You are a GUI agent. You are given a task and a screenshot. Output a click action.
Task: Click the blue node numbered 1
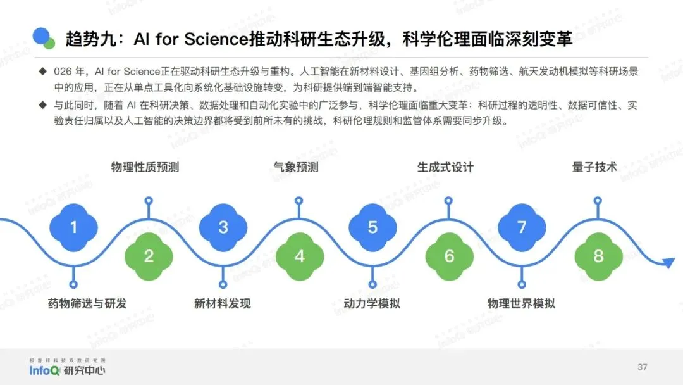point(73,227)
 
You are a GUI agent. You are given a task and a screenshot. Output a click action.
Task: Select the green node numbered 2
point(149,256)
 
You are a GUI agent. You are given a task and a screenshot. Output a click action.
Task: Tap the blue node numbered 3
point(223,227)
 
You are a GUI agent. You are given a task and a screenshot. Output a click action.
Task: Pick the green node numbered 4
point(299,256)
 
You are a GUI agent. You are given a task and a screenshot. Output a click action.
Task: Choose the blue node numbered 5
point(372,227)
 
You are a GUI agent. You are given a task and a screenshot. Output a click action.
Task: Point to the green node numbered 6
point(449,256)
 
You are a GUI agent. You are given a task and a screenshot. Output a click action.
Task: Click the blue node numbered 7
point(522,227)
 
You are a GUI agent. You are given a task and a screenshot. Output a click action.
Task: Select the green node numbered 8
point(598,256)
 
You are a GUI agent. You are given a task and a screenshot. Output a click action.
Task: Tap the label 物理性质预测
point(145,167)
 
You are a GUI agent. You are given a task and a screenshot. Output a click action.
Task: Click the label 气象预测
point(295,167)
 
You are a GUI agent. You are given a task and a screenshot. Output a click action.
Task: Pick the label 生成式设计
point(445,167)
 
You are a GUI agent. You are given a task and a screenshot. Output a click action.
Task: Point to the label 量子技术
point(594,167)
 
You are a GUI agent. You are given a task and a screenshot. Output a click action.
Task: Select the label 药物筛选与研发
point(87,303)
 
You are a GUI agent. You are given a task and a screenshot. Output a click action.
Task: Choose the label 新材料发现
point(222,303)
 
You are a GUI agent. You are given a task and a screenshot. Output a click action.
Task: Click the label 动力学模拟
point(372,303)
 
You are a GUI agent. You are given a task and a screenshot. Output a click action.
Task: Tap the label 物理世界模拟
point(521,303)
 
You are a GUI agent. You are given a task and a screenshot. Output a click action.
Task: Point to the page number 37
point(643,367)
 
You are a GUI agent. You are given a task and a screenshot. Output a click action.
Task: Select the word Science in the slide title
point(214,39)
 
